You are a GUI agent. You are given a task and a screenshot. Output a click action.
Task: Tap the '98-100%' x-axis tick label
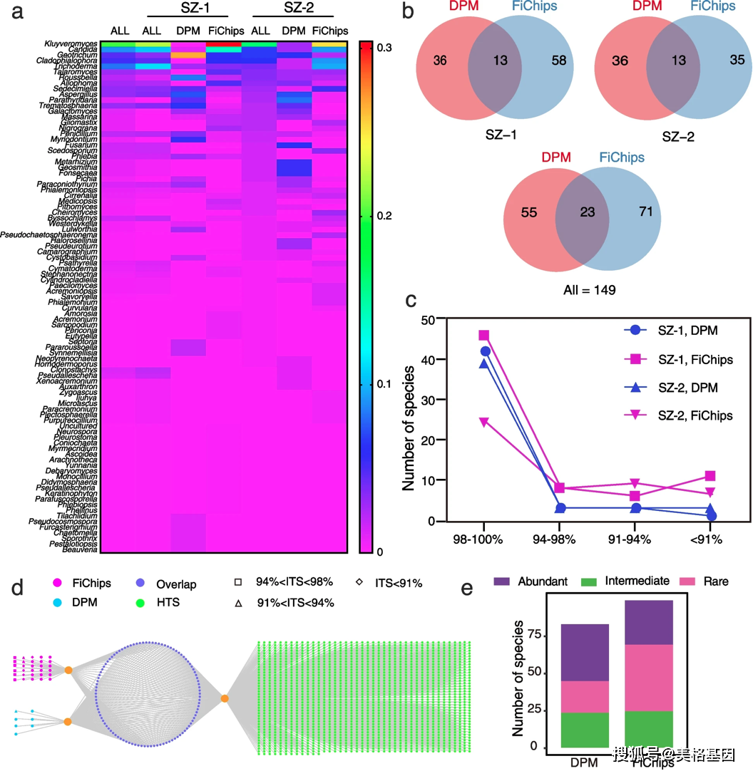(x=484, y=539)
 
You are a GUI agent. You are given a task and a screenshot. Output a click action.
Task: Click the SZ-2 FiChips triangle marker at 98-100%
(x=484, y=422)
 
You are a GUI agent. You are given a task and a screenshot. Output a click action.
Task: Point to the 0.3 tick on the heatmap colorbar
(x=384, y=47)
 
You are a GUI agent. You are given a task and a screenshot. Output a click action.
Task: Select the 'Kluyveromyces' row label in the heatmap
(x=70, y=44)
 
